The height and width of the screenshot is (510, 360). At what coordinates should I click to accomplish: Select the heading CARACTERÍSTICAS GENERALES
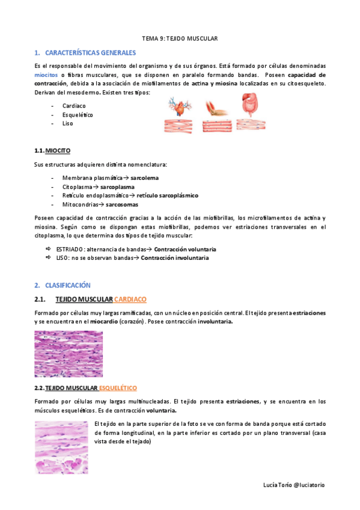click(x=91, y=53)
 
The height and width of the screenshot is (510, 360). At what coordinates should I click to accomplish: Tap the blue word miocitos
click(x=46, y=75)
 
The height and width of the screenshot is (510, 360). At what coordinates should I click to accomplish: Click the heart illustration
click(x=180, y=108)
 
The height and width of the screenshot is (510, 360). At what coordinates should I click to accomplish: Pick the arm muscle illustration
click(x=215, y=108)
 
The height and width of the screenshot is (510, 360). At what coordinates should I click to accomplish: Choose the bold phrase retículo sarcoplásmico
click(x=167, y=195)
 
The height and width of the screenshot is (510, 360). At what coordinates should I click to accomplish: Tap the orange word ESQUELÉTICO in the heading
click(x=118, y=388)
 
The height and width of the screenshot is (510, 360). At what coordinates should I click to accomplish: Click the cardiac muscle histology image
click(x=69, y=354)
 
